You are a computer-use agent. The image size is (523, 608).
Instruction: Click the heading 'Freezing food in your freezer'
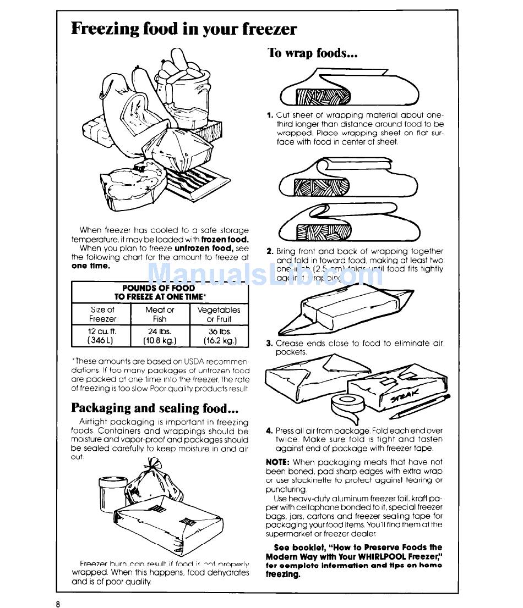(x=184, y=29)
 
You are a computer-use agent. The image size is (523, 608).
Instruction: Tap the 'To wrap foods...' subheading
(x=313, y=53)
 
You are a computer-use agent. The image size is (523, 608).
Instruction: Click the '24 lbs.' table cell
(x=160, y=336)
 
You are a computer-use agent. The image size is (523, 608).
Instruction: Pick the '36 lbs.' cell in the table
(x=219, y=336)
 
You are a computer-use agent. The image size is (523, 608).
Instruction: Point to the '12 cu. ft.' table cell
(x=102, y=336)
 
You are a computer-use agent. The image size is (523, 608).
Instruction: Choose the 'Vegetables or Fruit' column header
(x=219, y=314)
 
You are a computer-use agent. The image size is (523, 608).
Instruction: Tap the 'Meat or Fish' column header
(x=160, y=314)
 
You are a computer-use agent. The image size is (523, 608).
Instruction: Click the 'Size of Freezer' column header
(x=102, y=314)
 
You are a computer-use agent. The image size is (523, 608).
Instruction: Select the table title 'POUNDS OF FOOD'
(x=159, y=288)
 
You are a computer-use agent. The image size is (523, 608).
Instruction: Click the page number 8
(x=57, y=603)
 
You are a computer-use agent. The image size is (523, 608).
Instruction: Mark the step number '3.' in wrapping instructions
(x=270, y=344)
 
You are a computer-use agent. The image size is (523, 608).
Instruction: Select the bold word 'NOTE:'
(x=278, y=463)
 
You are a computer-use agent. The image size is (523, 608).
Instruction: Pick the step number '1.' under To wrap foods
(x=270, y=115)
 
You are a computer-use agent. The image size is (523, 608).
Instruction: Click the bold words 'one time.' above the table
(x=91, y=266)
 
